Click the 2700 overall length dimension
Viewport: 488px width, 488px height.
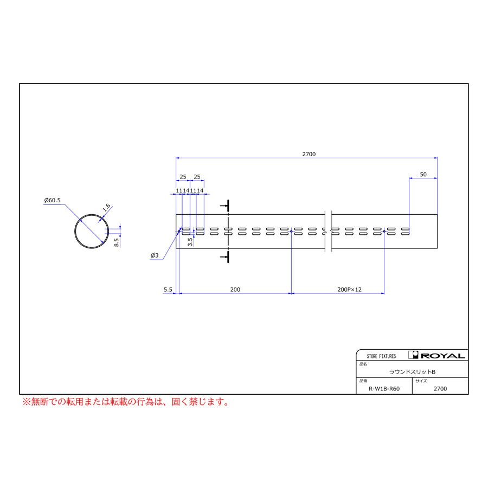309,154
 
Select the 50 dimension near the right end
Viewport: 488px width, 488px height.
423,174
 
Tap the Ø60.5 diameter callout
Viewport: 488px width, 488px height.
52,200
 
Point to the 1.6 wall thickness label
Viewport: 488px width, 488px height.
106,207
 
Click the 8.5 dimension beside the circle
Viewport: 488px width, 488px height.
117,242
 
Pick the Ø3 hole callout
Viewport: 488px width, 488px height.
155,255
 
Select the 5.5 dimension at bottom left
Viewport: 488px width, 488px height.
168,290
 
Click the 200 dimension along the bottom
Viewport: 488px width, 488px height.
235,290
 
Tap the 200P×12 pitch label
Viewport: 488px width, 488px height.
349,290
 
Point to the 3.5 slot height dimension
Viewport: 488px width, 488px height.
190,242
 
